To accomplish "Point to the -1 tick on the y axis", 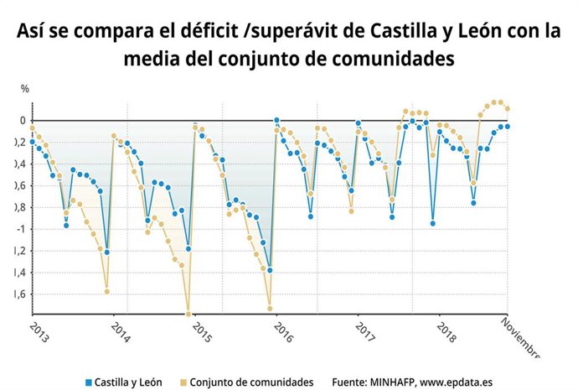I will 23,229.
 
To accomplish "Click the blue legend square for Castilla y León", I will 87,382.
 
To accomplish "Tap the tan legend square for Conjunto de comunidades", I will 181,382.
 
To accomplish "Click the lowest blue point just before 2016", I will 270,270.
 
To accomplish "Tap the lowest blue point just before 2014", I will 106,252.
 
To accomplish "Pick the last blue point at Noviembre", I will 508,127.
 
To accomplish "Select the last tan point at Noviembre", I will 508,108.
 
